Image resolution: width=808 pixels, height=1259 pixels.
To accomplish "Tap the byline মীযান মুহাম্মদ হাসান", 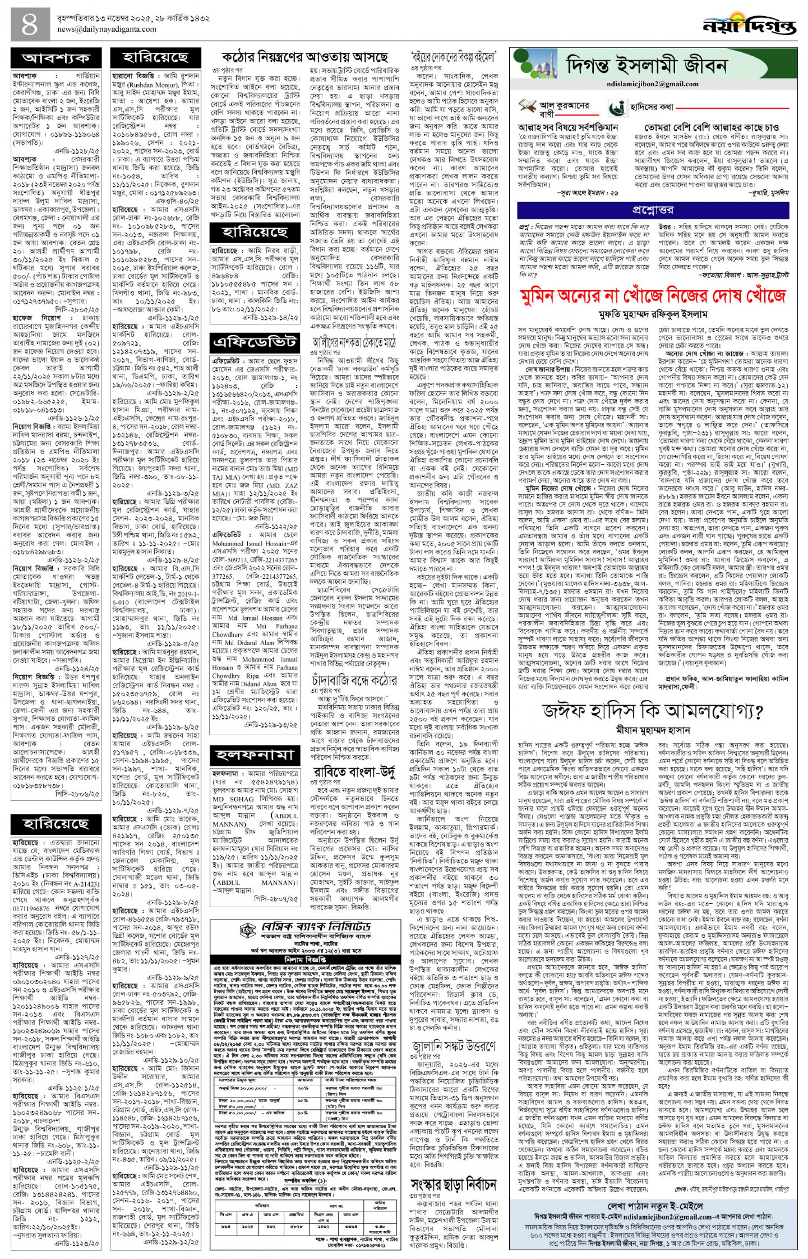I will [653, 730].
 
